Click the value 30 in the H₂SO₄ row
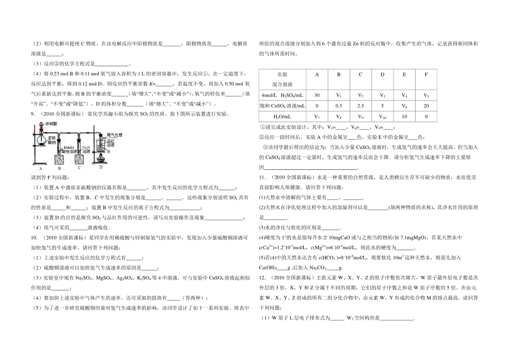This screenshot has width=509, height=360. (317, 95)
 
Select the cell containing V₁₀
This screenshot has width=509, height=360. (382, 116)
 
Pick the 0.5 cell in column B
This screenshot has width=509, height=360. (338, 106)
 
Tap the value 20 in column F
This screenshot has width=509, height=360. (426, 106)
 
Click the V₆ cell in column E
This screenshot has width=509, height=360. (404, 106)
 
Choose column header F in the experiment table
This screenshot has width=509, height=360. (426, 75)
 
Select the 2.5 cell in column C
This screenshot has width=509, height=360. (361, 106)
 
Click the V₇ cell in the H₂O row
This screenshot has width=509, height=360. (317, 116)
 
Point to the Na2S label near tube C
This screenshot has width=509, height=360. (86, 147)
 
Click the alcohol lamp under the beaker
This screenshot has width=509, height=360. (102, 158)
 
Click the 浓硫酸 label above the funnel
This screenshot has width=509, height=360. (45, 124)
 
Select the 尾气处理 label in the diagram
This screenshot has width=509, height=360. (114, 135)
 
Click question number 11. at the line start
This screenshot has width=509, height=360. (263, 176)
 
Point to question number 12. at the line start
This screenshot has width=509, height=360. (263, 278)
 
